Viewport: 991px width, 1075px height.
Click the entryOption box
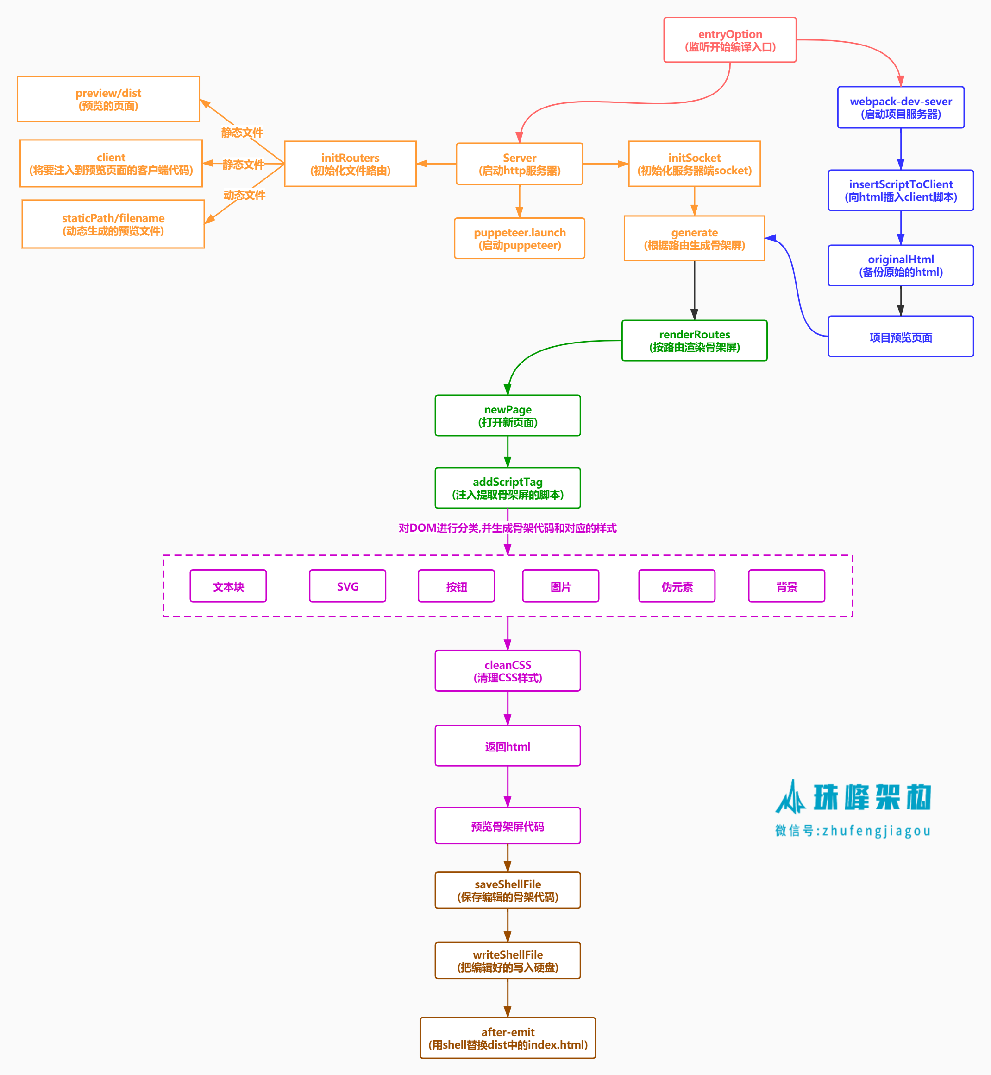pos(729,40)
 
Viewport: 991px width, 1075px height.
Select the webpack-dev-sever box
pos(900,108)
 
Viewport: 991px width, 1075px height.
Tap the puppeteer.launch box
pos(519,238)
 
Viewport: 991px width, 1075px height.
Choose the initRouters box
pos(350,164)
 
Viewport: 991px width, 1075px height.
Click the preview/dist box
pos(108,99)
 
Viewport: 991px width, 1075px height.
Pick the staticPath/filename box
pos(113,224)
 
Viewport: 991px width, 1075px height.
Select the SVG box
pos(347,586)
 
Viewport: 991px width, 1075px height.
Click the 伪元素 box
pos(677,586)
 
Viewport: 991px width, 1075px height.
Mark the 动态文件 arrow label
pos(245,195)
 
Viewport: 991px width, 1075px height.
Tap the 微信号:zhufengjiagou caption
pos(852,831)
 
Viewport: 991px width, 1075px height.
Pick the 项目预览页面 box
pos(900,337)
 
